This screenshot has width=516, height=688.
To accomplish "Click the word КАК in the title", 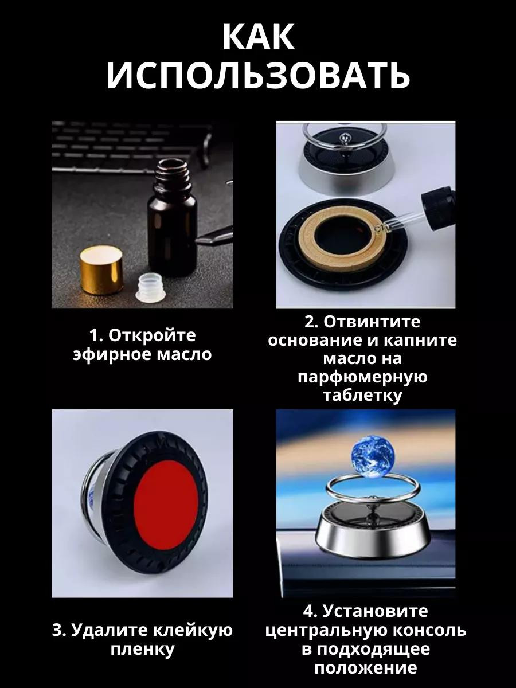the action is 259,37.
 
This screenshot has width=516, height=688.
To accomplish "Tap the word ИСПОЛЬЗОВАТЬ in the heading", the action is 258,76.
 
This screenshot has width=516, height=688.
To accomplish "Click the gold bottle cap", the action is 101,270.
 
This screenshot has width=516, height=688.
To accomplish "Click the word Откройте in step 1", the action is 152,336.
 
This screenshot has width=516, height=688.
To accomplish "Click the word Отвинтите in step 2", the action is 372,322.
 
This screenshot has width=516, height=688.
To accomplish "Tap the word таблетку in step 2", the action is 362,395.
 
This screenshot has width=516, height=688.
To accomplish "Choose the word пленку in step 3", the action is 143,650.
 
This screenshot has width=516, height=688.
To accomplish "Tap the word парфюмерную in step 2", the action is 362,377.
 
